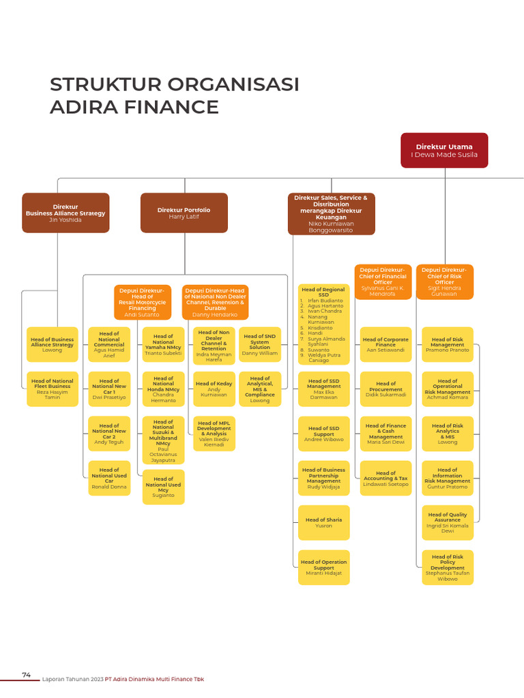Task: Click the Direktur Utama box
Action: click(x=444, y=150)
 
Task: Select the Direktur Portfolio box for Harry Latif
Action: click(x=184, y=213)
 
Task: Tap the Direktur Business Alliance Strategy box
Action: click(x=65, y=213)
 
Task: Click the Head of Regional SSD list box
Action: click(x=323, y=324)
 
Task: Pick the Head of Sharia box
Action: click(x=323, y=522)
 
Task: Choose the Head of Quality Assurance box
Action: click(x=447, y=522)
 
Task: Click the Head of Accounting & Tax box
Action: click(x=385, y=478)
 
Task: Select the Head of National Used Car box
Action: click(x=109, y=478)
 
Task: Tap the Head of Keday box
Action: click(x=214, y=389)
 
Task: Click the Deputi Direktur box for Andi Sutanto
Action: click(x=142, y=303)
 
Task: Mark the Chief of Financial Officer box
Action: click(x=383, y=282)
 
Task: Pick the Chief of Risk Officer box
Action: click(x=444, y=282)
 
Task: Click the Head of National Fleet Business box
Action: click(x=53, y=389)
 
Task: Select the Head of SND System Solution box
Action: click(x=259, y=344)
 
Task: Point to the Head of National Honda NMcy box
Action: click(x=163, y=389)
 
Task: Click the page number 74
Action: click(x=27, y=675)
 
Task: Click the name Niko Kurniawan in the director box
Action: click(x=331, y=224)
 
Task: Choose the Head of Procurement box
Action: click(x=385, y=389)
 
